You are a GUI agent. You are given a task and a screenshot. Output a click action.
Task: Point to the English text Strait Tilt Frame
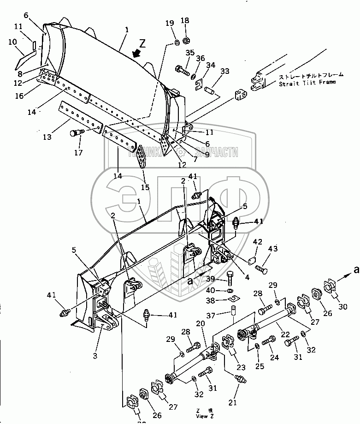coord(307,83)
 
